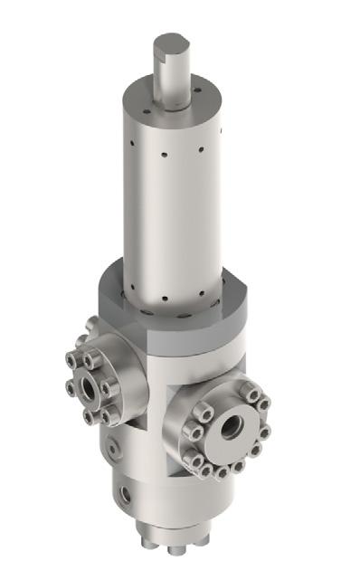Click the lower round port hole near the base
click(124, 495)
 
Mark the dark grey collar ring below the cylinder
click(172, 312)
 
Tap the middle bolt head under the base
click(171, 549)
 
